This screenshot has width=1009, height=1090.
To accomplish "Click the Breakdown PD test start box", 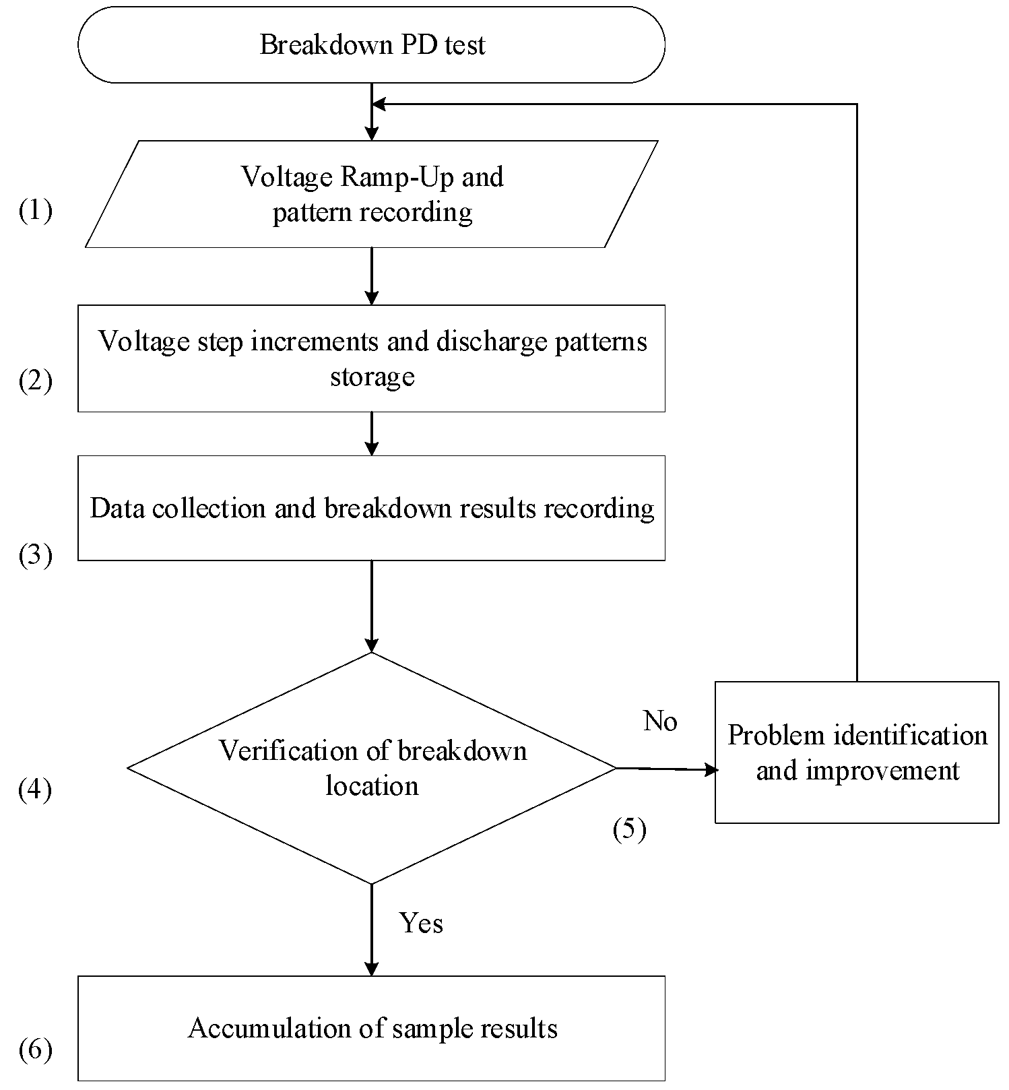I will coord(371,45).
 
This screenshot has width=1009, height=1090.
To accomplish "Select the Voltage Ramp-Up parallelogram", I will coord(371,194).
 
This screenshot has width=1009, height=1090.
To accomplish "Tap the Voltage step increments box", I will coord(371,358).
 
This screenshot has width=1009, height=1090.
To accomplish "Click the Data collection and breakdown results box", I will coord(371,508).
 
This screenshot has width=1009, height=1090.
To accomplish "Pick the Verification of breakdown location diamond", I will coord(371,768).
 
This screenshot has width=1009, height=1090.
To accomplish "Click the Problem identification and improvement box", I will coord(857,752).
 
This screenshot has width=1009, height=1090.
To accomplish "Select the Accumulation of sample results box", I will coord(371,1028).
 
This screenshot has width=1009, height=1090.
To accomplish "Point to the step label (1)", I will coord(35,211).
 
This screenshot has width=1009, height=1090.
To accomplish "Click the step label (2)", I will coord(35,381).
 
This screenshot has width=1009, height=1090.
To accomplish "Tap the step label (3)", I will coord(35,556).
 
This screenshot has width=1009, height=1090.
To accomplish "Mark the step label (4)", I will coord(35,790).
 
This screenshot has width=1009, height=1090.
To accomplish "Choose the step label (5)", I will coord(629,829).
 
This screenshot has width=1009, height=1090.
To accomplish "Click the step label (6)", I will coord(35,1050).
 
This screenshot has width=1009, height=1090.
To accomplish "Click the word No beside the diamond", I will coord(660,722).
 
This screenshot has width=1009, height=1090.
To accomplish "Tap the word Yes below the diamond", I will coord(421,923).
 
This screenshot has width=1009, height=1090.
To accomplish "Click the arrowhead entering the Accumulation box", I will coord(371,969).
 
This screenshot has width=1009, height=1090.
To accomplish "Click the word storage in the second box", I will coord(372,376).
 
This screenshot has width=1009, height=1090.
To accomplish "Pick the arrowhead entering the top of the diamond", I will coord(371,645).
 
